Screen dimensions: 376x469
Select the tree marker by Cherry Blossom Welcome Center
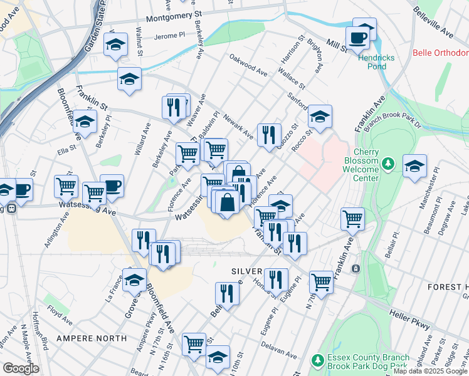(x=389, y=165)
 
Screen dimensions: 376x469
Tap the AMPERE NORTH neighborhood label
(x=92, y=338)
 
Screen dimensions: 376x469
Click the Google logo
(x=21, y=368)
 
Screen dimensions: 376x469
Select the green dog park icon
(x=318, y=362)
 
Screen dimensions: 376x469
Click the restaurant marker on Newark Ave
(x=269, y=134)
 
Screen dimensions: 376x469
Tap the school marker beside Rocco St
(x=320, y=116)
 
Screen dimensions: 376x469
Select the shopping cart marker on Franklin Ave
(x=353, y=219)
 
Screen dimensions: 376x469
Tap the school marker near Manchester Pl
(x=414, y=166)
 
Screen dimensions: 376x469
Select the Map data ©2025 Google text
(x=430, y=371)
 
